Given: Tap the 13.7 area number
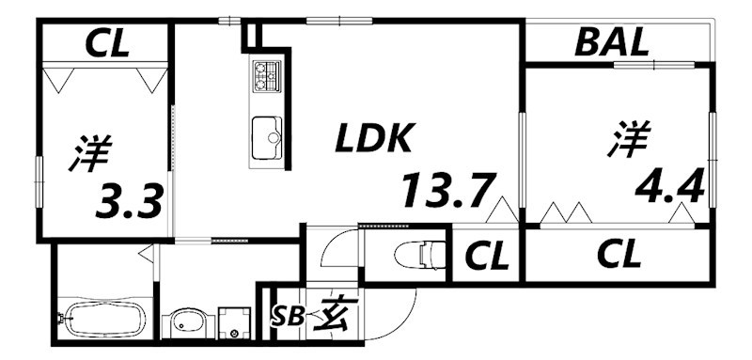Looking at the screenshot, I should tap(446, 192).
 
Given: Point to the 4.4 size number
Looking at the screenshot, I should tap(669, 188).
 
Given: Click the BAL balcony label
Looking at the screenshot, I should tap(611, 42).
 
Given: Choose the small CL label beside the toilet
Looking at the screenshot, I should tap(486, 254).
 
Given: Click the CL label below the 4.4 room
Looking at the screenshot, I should tap(619, 254).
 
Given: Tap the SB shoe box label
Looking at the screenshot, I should tap(289, 316).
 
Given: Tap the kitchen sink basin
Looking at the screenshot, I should tap(266, 138).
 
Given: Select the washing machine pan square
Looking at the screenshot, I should tap(232, 322).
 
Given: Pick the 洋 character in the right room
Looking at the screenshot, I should tap(626, 139).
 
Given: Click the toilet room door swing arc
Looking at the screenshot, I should tap(334, 246).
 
